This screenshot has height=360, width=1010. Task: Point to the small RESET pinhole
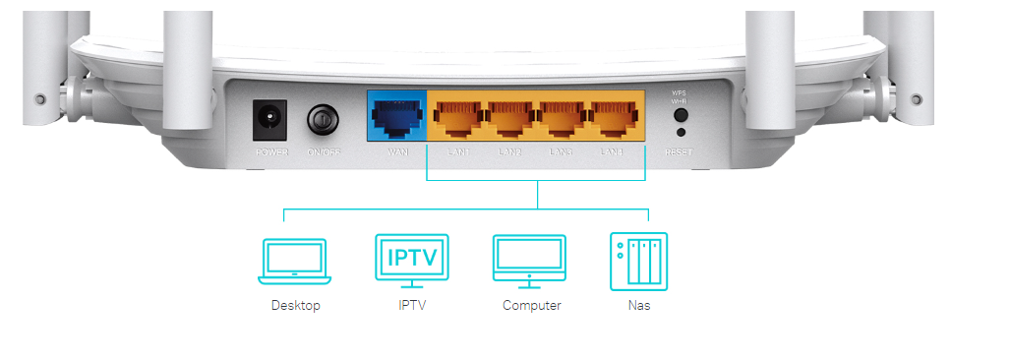click(x=680, y=132)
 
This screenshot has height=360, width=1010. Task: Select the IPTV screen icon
click(x=412, y=260)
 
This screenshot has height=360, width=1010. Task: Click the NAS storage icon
click(x=638, y=261)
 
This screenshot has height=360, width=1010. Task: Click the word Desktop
click(x=296, y=306)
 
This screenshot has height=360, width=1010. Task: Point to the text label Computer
click(x=531, y=306)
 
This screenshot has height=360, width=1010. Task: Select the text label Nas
click(x=639, y=306)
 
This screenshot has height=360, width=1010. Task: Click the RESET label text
click(x=680, y=152)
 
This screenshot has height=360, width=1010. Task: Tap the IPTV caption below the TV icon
click(x=412, y=306)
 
